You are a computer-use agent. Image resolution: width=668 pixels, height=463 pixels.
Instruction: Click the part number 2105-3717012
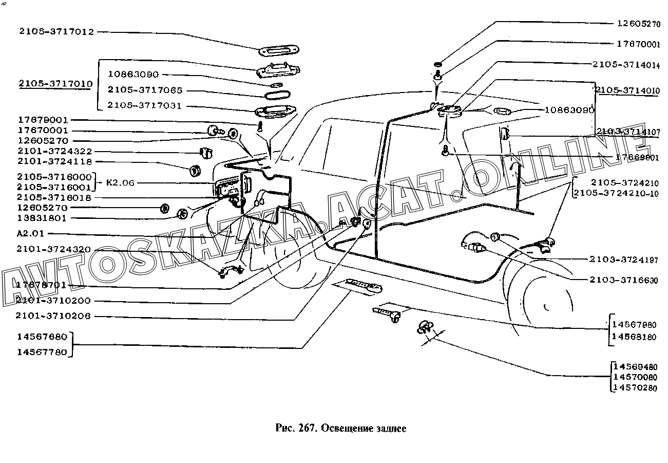point(56,32)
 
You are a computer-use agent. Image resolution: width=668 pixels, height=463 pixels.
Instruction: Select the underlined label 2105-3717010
point(55,84)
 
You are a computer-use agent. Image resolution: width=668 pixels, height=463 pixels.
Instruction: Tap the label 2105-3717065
point(145,90)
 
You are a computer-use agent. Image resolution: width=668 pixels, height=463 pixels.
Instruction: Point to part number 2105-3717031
point(145,106)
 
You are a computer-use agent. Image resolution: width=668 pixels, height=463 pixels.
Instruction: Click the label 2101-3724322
point(54,151)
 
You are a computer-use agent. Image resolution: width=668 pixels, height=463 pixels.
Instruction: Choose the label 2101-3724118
point(54,161)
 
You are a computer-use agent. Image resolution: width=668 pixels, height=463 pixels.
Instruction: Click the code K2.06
point(121,182)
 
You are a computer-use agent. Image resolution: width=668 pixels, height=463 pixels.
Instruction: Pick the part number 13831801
point(42,218)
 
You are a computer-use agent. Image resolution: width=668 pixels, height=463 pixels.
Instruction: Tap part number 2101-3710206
point(53,316)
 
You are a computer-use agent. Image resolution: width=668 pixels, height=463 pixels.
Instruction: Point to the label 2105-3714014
point(625,65)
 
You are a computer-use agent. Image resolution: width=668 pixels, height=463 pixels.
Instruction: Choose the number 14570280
point(635,388)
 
